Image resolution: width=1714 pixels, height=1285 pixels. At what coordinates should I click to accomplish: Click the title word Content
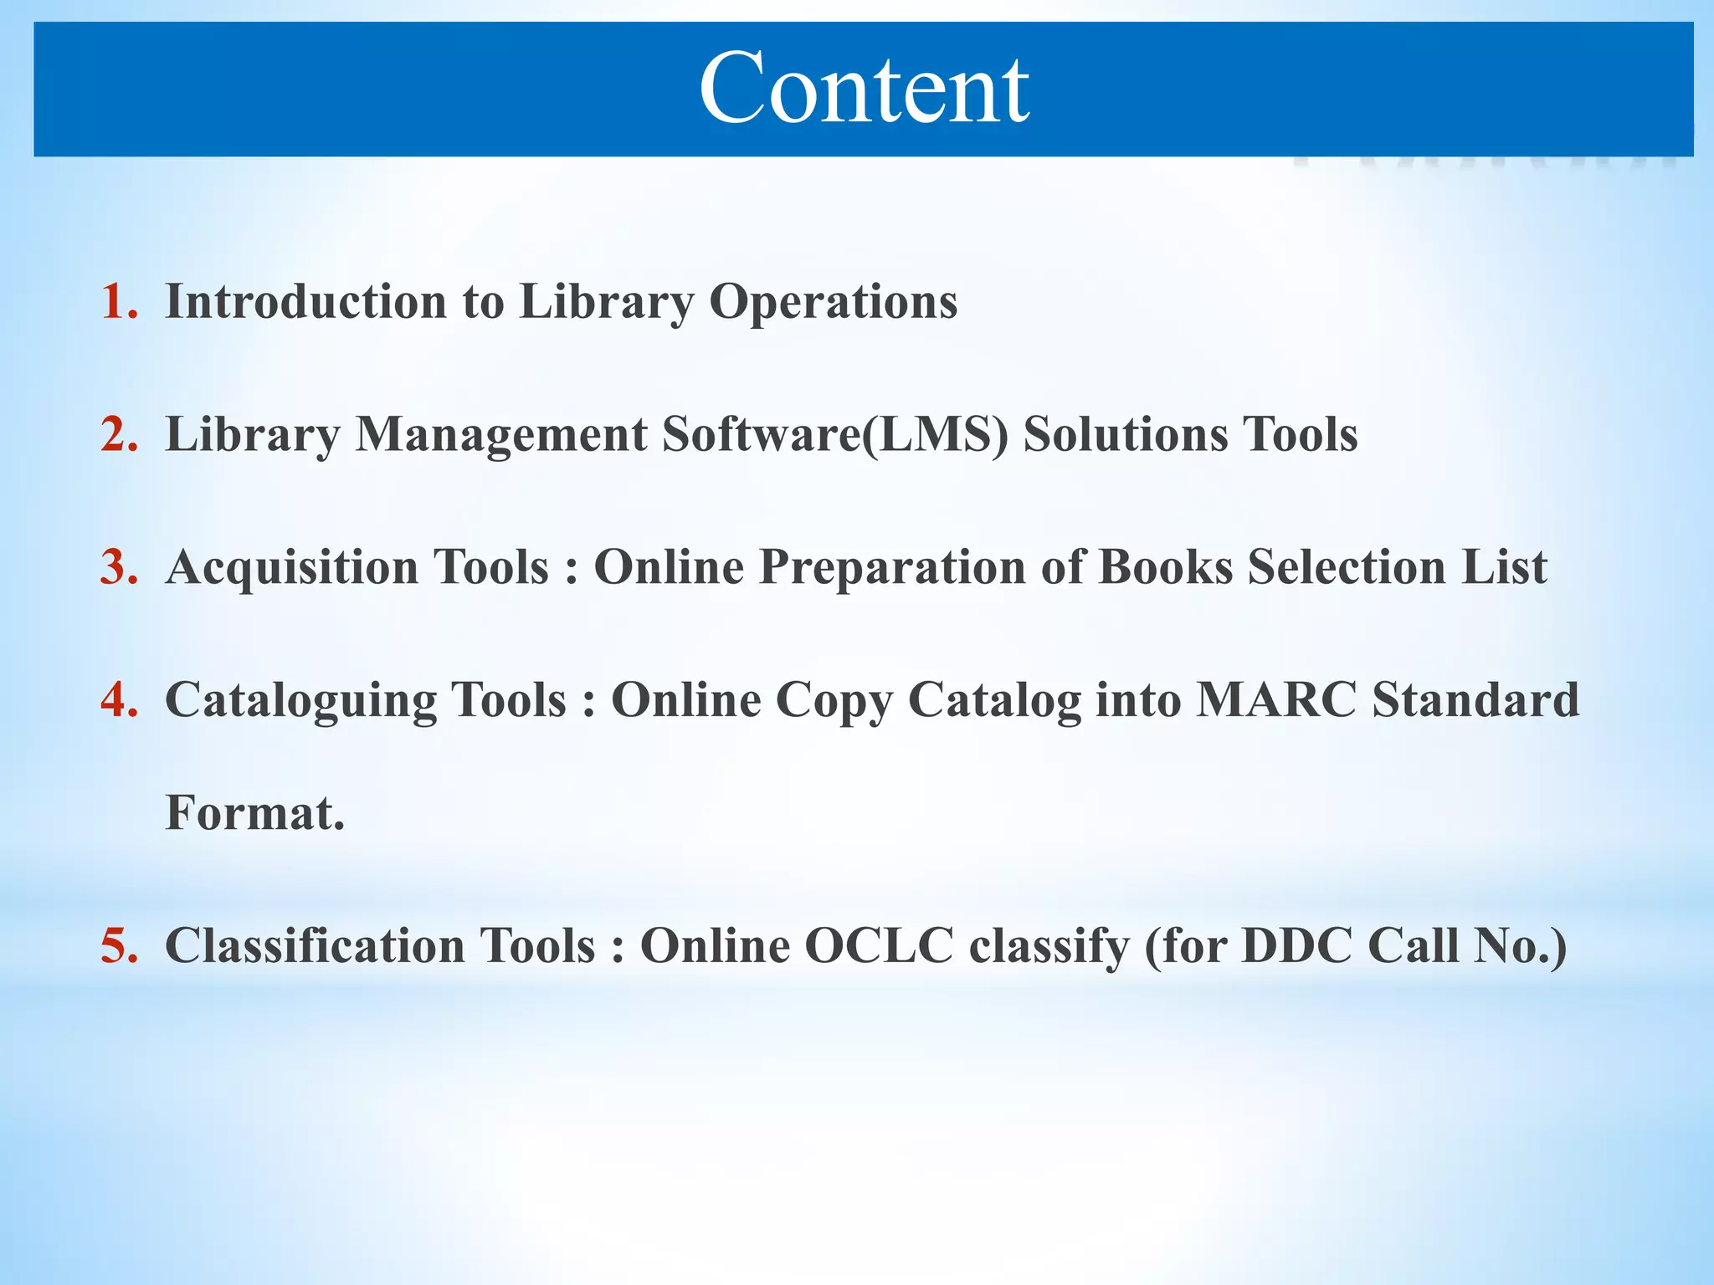tap(864, 89)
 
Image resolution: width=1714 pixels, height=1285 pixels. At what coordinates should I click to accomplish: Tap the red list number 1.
tap(118, 301)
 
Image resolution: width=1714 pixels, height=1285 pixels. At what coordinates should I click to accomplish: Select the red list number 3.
tap(118, 566)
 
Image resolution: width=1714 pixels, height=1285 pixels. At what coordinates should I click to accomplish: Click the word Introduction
tap(305, 301)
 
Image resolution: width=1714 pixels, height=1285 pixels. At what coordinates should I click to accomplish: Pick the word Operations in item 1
tap(833, 301)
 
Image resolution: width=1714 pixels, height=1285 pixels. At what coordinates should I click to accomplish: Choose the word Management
tap(500, 434)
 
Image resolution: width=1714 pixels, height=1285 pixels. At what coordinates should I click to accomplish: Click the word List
tap(1504, 566)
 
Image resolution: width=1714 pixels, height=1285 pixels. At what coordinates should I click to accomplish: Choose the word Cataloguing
tap(300, 700)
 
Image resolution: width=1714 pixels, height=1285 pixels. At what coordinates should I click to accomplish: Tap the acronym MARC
tap(1275, 699)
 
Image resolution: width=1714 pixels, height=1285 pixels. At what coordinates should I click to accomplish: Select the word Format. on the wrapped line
tap(254, 812)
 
